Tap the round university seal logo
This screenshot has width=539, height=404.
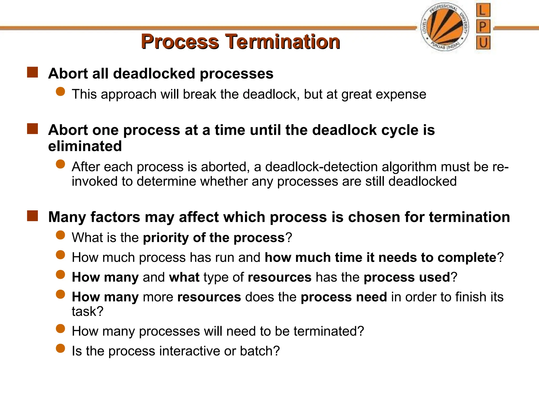445,28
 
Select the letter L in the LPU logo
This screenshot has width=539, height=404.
483,10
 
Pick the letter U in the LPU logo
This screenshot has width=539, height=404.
483,43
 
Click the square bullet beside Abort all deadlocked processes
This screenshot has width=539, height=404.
32,72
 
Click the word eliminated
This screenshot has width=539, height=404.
85,146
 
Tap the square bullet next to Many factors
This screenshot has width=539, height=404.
32,216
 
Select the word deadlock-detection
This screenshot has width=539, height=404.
321,167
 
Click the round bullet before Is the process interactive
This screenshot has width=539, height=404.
61,348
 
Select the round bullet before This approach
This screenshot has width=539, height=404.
61,92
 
